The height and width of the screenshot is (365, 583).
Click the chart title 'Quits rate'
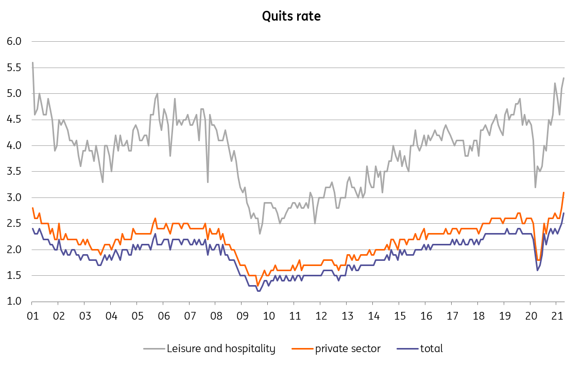pos(291,16)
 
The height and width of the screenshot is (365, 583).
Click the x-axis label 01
pos(32,316)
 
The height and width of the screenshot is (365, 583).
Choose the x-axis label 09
pos(242,316)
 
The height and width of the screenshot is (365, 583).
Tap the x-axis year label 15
pos(399,316)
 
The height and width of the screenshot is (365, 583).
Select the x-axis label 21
pos(556,316)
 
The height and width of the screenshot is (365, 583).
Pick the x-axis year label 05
pos(136,316)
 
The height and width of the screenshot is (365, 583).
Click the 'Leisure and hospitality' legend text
pos(221,349)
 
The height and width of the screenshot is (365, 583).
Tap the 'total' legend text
pos(432,349)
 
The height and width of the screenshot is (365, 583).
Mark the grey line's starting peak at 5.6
pos(32,62)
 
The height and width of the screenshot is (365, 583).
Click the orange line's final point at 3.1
pos(564,192)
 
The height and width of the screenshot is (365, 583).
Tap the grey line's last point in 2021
pos(564,78)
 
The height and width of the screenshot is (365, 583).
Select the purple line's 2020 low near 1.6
pos(537,270)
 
